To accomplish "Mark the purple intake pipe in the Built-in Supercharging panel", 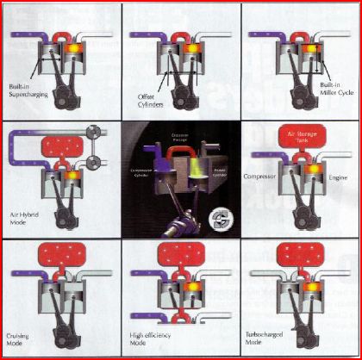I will [26, 36].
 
